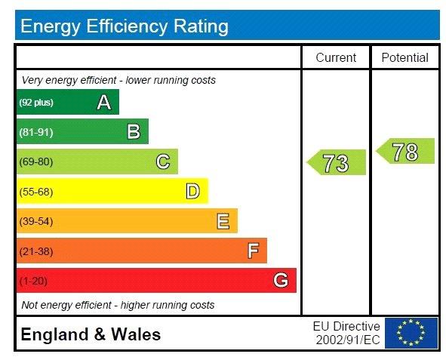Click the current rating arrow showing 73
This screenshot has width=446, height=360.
point(337,162)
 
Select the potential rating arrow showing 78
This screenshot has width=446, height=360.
point(405,151)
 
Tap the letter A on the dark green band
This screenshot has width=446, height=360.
point(104,103)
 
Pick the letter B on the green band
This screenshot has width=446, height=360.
point(134,131)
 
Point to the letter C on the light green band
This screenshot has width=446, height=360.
point(163,162)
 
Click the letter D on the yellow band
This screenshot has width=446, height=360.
point(193,191)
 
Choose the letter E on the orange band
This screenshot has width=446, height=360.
point(223,221)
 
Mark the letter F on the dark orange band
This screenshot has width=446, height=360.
point(253,251)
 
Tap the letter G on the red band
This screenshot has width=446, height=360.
point(281,280)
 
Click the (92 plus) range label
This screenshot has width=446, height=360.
point(36,103)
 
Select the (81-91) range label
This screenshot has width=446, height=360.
point(36,132)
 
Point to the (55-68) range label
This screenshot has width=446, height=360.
point(36,192)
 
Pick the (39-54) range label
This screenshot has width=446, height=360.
point(36,221)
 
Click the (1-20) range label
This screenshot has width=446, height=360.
point(33,281)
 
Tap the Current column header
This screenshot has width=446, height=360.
point(336,57)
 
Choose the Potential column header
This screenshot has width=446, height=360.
point(405,57)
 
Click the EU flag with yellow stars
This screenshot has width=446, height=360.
point(411,333)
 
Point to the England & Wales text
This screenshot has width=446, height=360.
point(91,334)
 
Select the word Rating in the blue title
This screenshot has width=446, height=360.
point(201,26)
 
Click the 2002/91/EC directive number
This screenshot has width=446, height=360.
point(348,340)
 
